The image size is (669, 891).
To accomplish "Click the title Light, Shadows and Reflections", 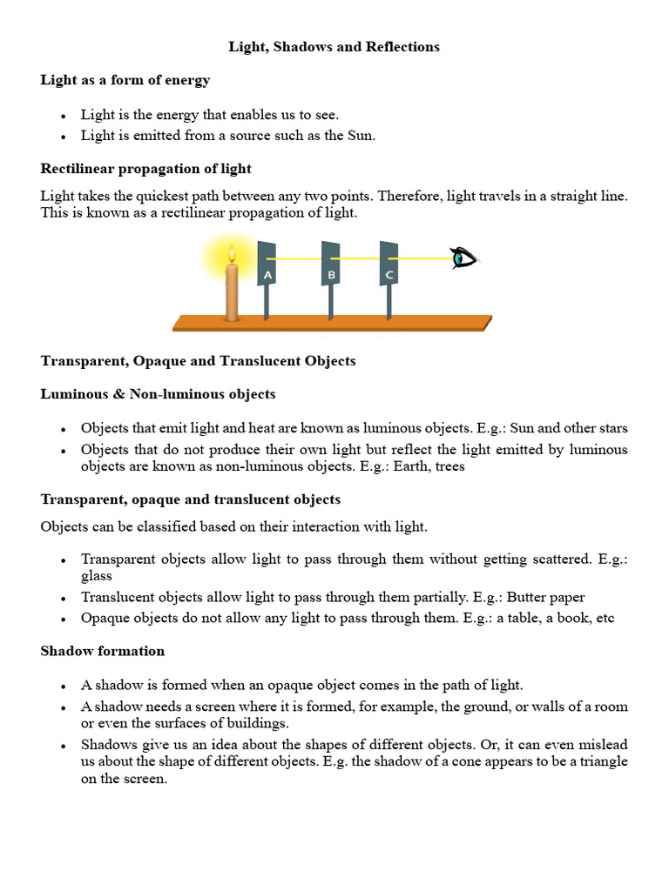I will tap(334, 47).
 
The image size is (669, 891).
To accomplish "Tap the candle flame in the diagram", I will tap(232, 255).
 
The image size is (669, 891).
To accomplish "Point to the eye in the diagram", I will tap(463, 258).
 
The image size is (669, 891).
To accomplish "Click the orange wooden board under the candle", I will tap(331, 323).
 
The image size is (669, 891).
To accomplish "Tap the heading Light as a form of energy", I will tap(125, 80).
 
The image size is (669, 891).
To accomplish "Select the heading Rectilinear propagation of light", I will tap(146, 168).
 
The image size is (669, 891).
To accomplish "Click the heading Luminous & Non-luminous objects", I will tap(158, 394).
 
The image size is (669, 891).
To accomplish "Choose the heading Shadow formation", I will tap(103, 651).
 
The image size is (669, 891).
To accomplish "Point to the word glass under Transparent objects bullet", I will tap(97, 576).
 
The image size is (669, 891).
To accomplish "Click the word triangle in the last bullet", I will tap(603, 761).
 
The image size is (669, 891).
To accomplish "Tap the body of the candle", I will tap(232, 291).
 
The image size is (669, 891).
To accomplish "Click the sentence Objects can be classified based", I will tap(233, 526).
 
